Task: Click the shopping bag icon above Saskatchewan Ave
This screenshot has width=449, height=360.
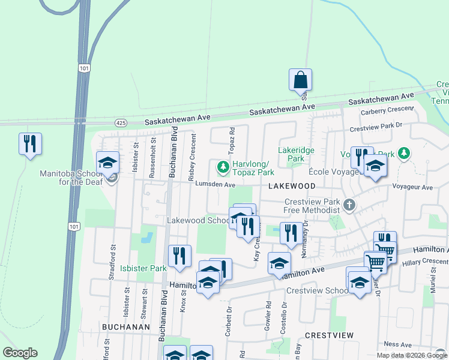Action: click(300, 80)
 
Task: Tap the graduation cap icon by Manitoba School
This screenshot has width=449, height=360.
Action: click(108, 163)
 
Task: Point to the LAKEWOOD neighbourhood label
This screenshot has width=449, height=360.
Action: click(292, 187)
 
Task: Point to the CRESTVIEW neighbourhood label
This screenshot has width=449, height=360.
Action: click(329, 335)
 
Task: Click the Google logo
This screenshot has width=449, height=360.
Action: click(20, 353)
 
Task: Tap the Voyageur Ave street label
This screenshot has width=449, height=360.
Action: click(412, 187)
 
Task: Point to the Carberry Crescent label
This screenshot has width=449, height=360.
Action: click(387, 111)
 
